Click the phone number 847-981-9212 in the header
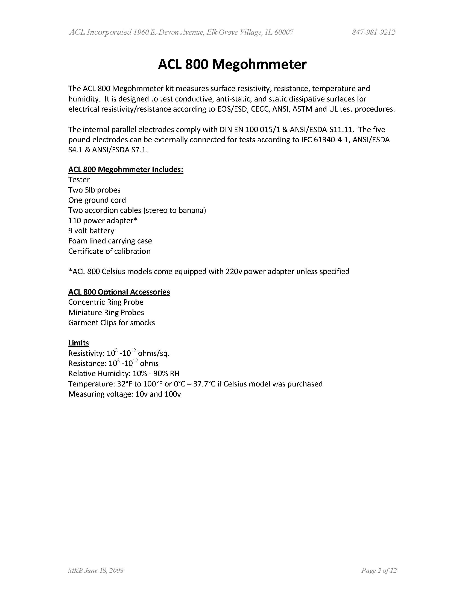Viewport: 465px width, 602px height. click(x=373, y=33)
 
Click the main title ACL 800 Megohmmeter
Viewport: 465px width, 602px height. click(x=232, y=65)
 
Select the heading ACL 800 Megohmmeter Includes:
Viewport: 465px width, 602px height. click(x=126, y=169)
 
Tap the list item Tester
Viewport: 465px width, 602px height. click(x=79, y=180)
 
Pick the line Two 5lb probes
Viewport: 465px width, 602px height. click(x=94, y=190)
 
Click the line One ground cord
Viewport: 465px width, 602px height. click(x=97, y=200)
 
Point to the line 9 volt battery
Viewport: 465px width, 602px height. click(x=91, y=231)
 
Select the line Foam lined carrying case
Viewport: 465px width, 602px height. click(x=110, y=241)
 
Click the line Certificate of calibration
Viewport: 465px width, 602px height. click(x=109, y=251)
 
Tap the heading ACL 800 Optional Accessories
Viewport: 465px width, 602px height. click(x=119, y=292)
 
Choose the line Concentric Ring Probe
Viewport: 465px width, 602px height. click(x=106, y=302)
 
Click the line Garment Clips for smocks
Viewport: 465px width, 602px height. click(x=112, y=322)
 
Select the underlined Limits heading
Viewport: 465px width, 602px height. click(x=78, y=343)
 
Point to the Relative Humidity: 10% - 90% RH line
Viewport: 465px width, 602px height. click(x=124, y=374)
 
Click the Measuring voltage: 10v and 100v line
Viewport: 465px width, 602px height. click(x=124, y=394)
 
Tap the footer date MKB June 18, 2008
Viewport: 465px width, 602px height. click(x=95, y=571)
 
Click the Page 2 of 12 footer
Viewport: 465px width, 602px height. click(x=379, y=571)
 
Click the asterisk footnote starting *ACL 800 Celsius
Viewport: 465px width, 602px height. click(x=209, y=272)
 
